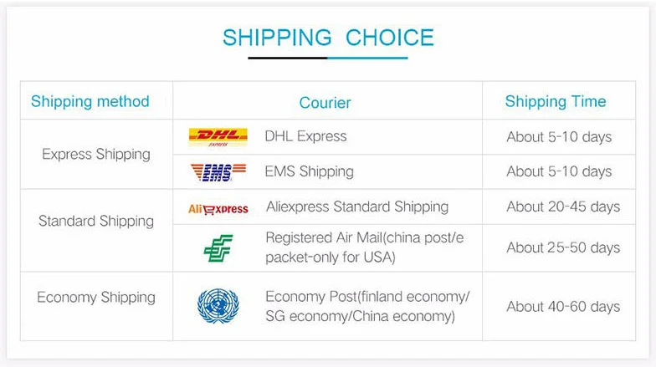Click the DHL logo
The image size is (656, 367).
pos(218,137)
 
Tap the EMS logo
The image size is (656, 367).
pos(218,172)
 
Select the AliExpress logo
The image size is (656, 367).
pos(218,209)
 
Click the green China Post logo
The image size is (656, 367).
pos(218,248)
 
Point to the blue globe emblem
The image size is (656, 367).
pos(218,306)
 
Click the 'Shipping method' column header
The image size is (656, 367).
pos(90,102)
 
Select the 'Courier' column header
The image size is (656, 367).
pos(325,103)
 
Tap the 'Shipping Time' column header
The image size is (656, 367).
pos(556,102)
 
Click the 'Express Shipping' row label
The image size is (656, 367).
pos(96,154)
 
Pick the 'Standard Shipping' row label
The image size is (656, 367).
pos(96,221)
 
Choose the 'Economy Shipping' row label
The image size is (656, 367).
pos(96,298)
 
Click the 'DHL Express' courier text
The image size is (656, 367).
pos(306,136)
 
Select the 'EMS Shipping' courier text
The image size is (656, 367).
pos(310,171)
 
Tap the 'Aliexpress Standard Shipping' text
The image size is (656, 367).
pos(357,206)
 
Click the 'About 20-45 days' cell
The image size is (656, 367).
pos(563,206)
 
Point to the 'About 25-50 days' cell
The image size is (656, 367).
pos(563,247)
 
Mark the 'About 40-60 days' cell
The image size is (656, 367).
pos(563,306)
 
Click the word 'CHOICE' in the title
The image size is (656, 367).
pos(390,38)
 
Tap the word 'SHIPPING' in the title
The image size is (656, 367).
pos(277,38)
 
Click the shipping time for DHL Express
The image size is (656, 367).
pos(559,137)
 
